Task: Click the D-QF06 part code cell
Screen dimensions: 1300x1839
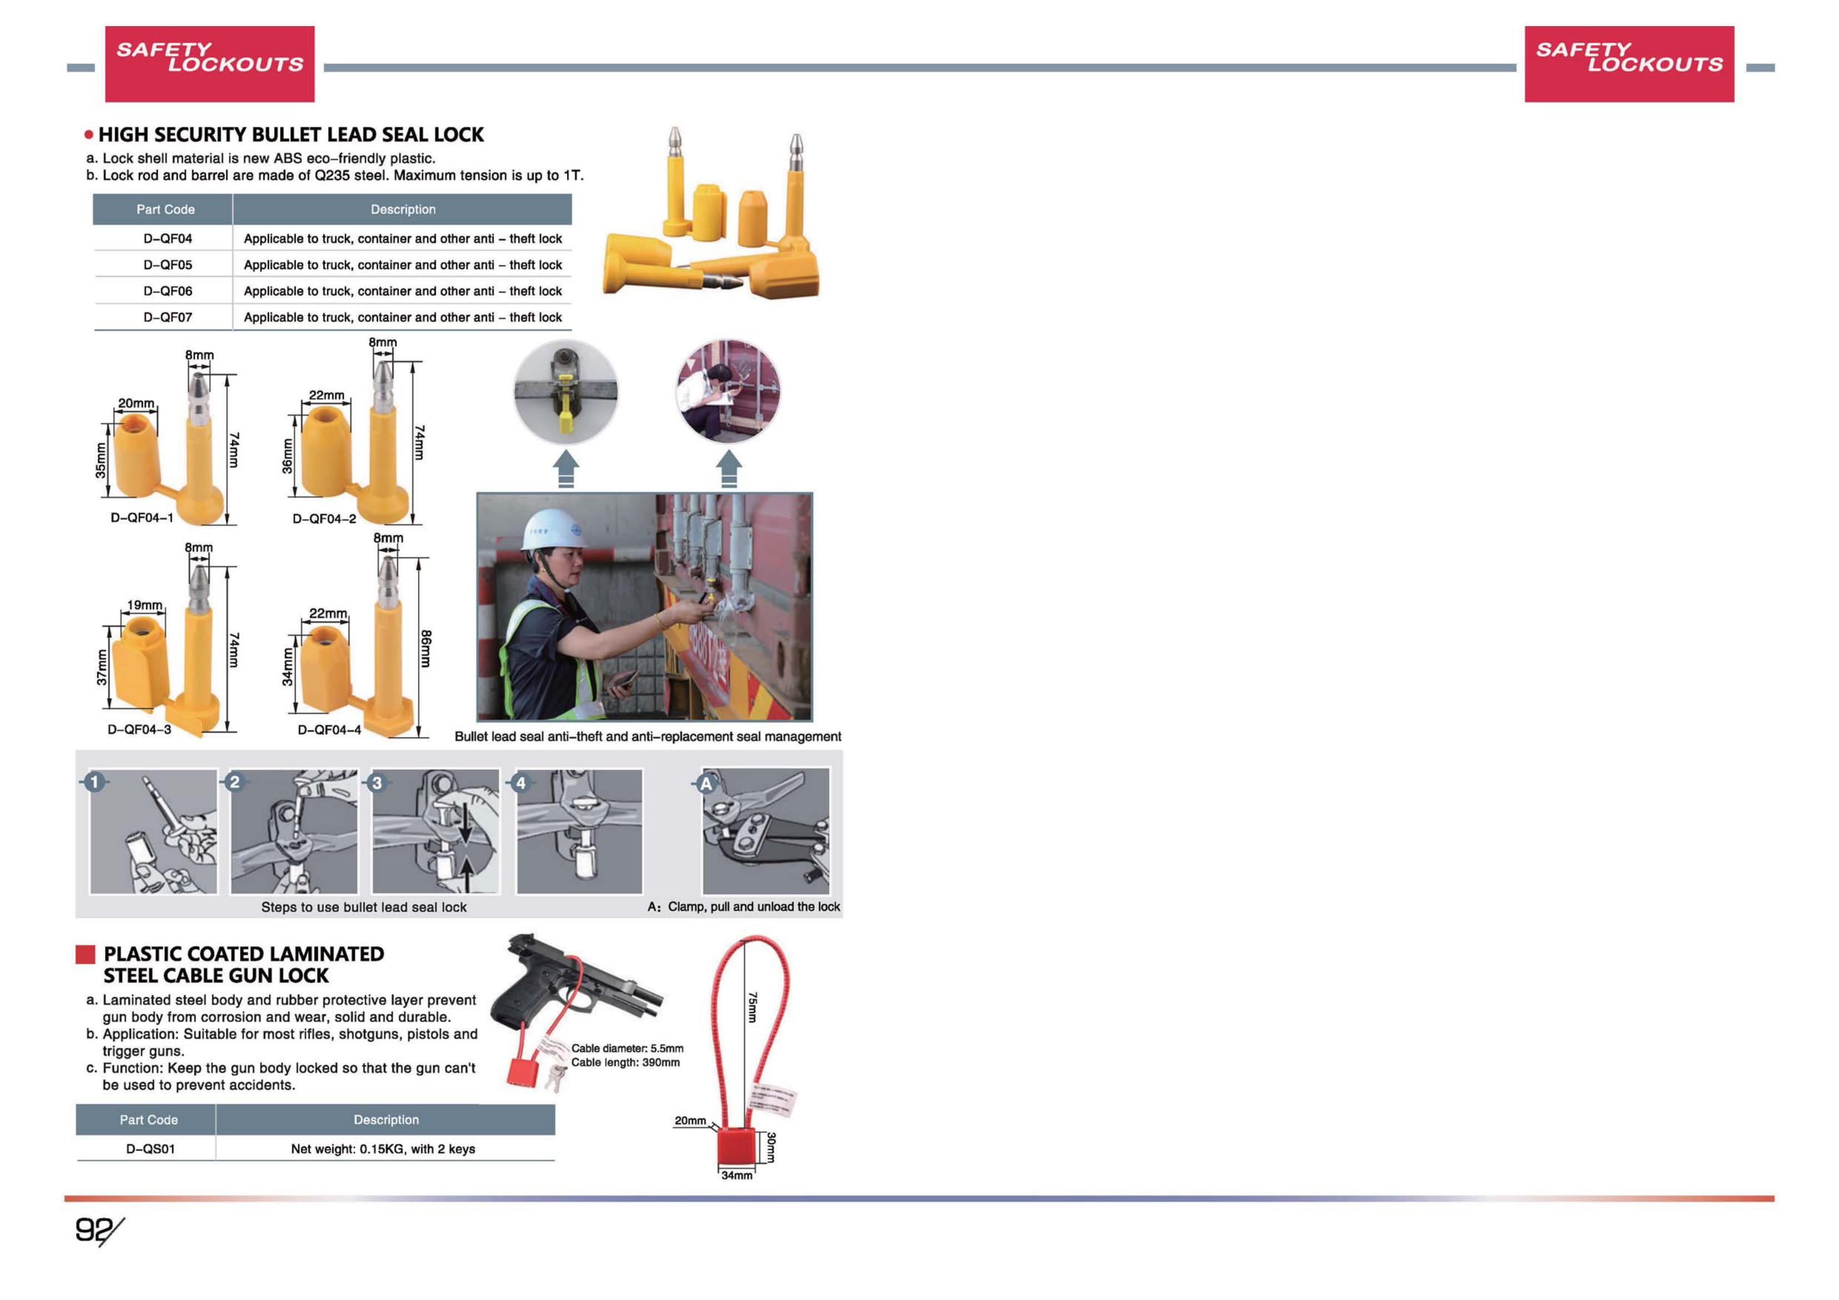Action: point(167,291)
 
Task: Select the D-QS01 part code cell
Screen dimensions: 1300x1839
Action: point(150,1149)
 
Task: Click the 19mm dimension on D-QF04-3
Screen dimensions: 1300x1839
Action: point(144,605)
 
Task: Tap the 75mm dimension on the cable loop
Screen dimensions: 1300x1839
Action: point(751,1007)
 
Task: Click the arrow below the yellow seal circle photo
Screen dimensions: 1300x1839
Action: point(565,468)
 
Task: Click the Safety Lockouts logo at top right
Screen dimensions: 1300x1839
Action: point(1628,63)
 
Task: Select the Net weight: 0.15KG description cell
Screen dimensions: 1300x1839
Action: point(383,1149)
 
